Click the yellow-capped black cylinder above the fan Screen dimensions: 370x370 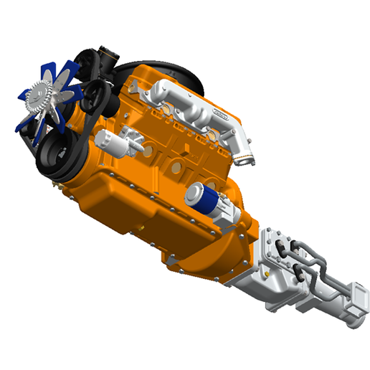coord(105,54)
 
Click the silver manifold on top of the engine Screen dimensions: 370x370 coord(194,108)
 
